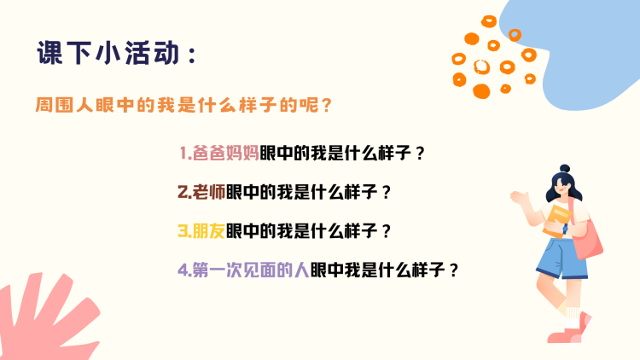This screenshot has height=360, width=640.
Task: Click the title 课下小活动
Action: [x=108, y=53]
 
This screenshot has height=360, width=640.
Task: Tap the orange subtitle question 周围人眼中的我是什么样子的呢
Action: [x=178, y=105]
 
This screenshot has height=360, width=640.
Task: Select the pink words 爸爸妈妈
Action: [x=226, y=153]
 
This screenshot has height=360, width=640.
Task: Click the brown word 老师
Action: [x=209, y=192]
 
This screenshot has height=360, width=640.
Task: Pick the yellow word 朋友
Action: [x=209, y=230]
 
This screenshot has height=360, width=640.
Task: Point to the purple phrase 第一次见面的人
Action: [x=251, y=270]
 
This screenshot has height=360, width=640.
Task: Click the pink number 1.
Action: [x=184, y=154]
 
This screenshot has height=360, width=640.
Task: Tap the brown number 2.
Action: [x=183, y=192]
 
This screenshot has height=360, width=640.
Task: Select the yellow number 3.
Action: [x=183, y=231]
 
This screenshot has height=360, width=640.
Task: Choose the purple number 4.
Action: [x=183, y=270]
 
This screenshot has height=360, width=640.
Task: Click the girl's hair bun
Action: [x=565, y=169]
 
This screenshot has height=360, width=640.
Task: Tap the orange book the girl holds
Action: [x=556, y=221]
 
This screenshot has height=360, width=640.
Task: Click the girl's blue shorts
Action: [x=562, y=258]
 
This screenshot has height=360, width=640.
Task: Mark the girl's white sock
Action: [x=573, y=317]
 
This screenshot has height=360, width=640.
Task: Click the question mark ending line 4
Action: [x=453, y=270]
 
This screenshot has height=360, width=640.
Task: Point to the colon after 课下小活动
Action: [x=193, y=55]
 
